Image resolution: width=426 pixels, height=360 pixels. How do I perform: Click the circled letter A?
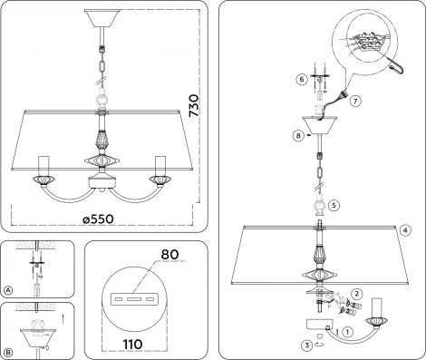(8, 290)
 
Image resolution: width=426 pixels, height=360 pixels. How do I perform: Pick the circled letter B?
(8, 351)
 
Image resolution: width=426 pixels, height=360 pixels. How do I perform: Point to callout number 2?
(357, 293)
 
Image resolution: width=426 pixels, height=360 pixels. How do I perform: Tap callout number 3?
(306, 345)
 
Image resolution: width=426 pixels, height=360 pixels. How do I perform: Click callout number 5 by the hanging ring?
(334, 205)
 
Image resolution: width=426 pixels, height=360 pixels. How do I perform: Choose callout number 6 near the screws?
(301, 80)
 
